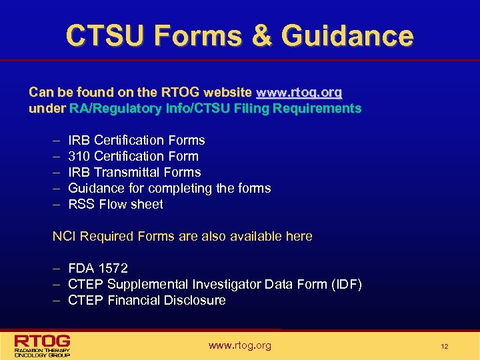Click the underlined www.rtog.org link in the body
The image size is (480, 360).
tap(299, 92)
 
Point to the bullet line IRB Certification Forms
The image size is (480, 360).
tap(137, 140)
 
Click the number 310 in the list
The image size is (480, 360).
tap(79, 156)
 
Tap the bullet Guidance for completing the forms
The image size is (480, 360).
tap(169, 188)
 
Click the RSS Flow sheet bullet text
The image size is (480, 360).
tap(115, 204)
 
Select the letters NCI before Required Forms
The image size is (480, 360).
tap(64, 236)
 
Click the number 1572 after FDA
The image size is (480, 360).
tap(113, 268)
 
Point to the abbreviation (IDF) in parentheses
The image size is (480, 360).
tap(347, 285)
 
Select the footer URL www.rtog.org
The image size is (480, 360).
tap(240, 345)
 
